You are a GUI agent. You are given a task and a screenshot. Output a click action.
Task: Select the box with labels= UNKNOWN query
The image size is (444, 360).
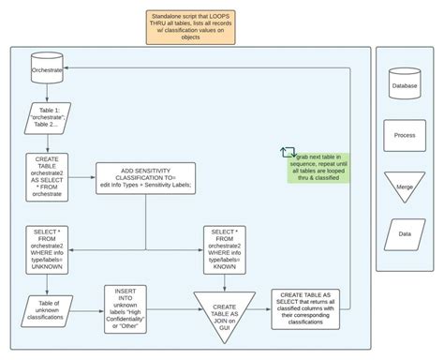(x=46, y=247)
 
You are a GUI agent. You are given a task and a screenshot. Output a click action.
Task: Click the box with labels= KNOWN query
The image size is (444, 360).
(x=225, y=247)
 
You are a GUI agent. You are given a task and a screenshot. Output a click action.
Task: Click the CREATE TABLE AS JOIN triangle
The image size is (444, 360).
(x=224, y=309)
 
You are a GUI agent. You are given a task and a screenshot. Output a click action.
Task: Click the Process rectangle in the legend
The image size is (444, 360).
(x=405, y=136)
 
